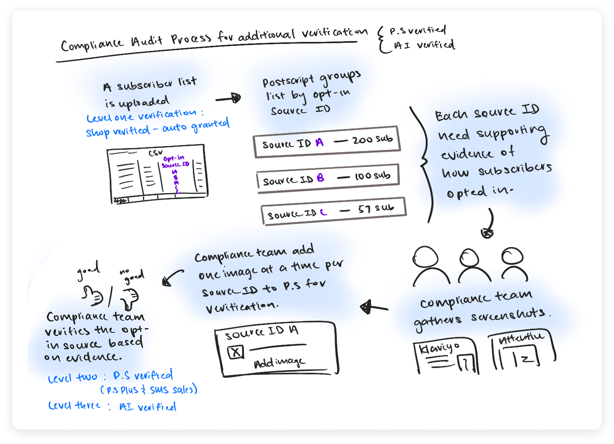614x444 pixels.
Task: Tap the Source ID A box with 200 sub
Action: point(327,142)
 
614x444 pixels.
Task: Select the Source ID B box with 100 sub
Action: point(328,178)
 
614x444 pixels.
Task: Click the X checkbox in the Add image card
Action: point(236,352)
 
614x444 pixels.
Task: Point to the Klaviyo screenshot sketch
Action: point(445,358)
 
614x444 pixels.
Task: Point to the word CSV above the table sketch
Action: point(156,153)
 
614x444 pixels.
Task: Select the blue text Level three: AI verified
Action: point(112,406)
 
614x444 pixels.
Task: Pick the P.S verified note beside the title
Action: point(417,30)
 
